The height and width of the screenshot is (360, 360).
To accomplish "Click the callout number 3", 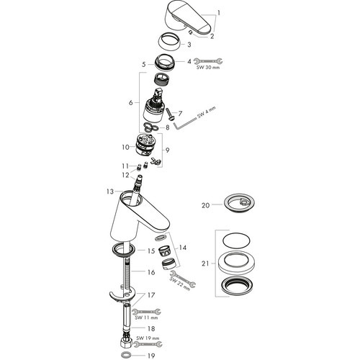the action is pos(189,45).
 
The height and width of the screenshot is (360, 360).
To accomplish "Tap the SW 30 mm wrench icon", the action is pos(208,61).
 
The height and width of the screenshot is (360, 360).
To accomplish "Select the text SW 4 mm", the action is pos(207,112).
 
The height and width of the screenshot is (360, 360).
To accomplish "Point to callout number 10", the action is pos(125,147).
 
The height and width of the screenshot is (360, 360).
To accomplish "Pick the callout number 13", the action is pos(110,192).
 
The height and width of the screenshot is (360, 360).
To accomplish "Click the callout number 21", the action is pos(205,264).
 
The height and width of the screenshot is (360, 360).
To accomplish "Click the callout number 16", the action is pos(151,272).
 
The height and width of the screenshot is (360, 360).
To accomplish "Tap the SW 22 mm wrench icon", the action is pos(183,279).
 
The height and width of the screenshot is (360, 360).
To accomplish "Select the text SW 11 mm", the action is pos(146,318).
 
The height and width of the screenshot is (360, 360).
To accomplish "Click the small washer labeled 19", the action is pos(125,354).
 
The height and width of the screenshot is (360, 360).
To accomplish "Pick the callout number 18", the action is pos(151,328).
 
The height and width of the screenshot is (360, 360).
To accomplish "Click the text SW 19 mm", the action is pos(148,338).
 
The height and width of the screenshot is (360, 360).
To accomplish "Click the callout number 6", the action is pos(130,103).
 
